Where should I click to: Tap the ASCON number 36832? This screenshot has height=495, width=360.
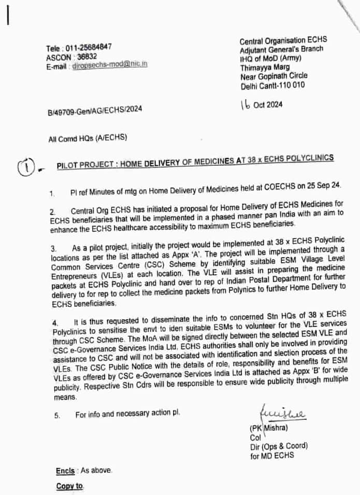pyautogui.click(x=87, y=56)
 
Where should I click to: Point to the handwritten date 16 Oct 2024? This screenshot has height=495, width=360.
pyautogui.click(x=262, y=104)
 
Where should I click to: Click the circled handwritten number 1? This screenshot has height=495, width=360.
pyautogui.click(x=25, y=166)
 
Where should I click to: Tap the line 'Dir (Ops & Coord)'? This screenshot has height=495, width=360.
pyautogui.click(x=278, y=446)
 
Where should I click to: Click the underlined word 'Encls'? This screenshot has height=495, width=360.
pyautogui.click(x=66, y=470)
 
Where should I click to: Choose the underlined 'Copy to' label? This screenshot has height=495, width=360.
pyautogui.click(x=69, y=486)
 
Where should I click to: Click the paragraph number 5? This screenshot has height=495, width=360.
pyautogui.click(x=57, y=415)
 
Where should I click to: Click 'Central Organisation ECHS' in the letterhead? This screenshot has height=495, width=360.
pyautogui.click(x=283, y=40)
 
